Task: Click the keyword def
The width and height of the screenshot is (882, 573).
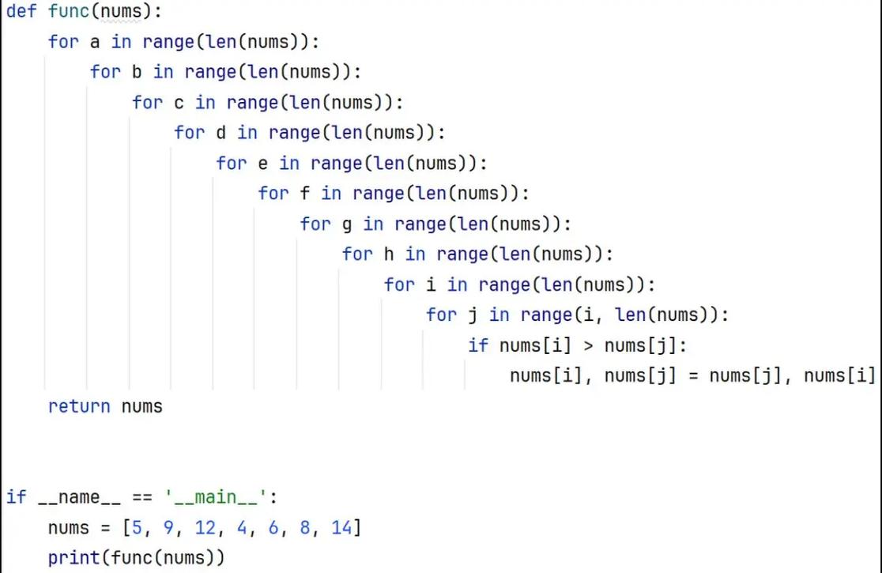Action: click(x=21, y=11)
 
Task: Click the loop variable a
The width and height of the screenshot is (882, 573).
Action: click(x=95, y=42)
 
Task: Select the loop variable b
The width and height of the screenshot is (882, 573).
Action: click(x=137, y=72)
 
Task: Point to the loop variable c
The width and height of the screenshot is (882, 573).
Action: click(x=179, y=103)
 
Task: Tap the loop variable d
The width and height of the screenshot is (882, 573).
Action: click(x=220, y=133)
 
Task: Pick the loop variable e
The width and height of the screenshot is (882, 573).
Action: click(x=262, y=164)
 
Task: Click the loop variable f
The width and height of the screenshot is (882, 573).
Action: click(x=305, y=194)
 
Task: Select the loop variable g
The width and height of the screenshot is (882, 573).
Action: click(x=346, y=225)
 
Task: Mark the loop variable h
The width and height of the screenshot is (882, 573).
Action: click(x=389, y=254)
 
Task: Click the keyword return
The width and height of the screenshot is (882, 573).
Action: click(x=79, y=406)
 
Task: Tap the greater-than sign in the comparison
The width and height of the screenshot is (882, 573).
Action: click(x=588, y=346)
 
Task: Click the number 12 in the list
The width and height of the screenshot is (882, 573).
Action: click(x=205, y=527)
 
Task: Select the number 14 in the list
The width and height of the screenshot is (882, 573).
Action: click(x=342, y=527)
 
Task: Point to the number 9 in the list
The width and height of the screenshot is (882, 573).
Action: click(x=169, y=527)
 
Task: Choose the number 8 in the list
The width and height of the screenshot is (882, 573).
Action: click(x=305, y=527)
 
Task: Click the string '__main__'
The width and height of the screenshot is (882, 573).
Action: click(x=216, y=497)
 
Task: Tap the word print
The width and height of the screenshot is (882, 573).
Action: click(x=73, y=558)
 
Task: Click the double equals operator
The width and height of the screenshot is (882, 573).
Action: click(x=141, y=498)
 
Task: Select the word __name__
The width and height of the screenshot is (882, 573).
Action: click(x=79, y=498)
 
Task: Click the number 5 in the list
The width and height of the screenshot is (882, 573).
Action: click(x=137, y=527)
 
